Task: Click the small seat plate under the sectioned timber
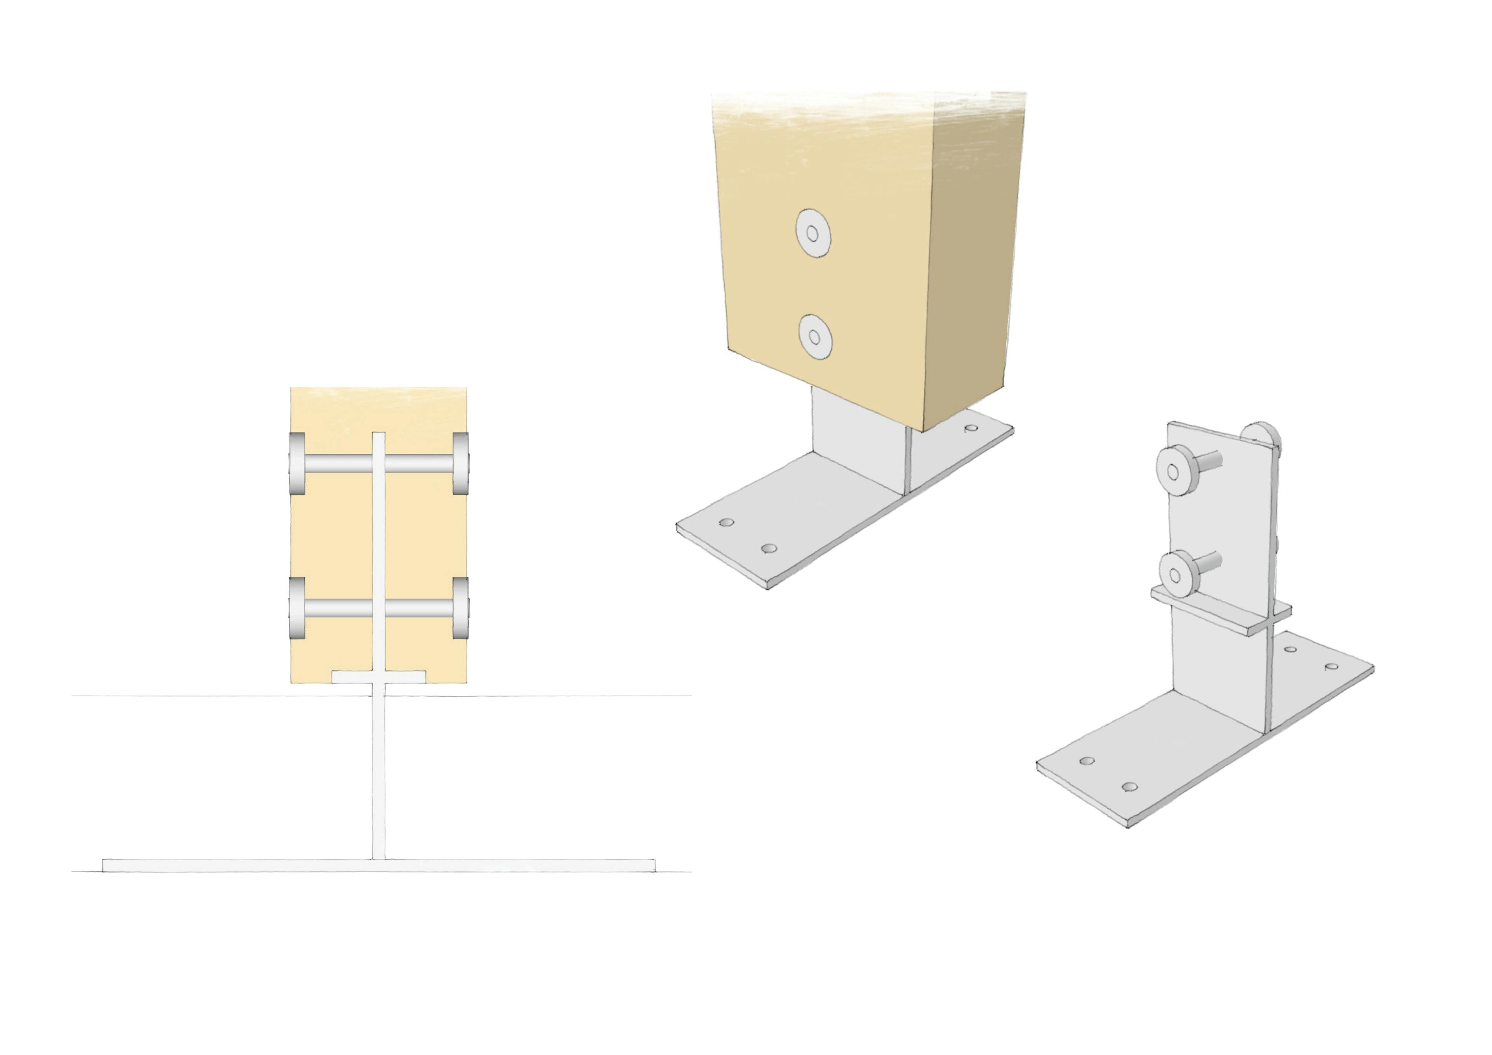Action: click(379, 677)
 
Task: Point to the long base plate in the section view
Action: click(379, 865)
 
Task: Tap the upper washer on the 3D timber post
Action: click(813, 234)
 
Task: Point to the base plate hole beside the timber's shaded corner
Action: click(971, 428)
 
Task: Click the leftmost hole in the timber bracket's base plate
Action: click(727, 522)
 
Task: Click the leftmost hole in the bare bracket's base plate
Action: click(1086, 760)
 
